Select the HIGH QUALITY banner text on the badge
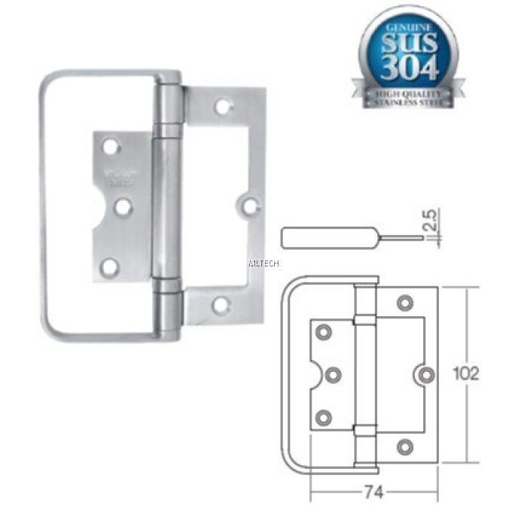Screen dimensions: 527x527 (409, 93)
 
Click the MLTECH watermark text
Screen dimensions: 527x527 (263, 264)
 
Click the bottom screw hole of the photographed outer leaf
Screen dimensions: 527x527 (221, 305)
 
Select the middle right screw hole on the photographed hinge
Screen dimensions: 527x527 (251, 205)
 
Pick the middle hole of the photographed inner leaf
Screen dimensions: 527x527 (123, 205)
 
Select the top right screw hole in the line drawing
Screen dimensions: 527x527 (405, 303)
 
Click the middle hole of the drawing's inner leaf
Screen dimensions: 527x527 (334, 374)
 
